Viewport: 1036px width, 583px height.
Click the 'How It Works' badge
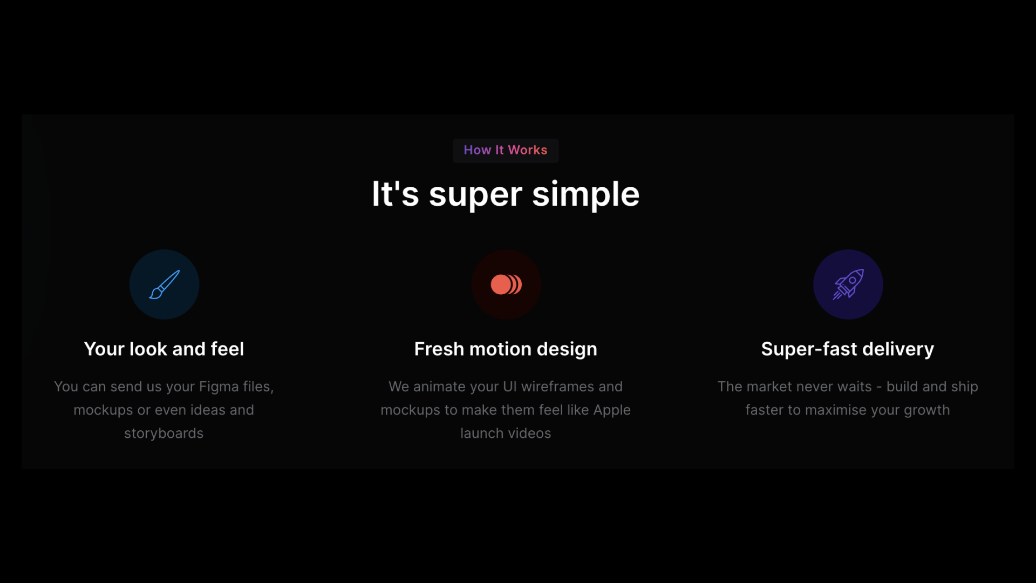[x=506, y=150]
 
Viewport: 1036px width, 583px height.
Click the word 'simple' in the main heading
[x=586, y=194]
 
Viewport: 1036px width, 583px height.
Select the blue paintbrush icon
[x=165, y=284]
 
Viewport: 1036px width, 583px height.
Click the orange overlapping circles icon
[x=506, y=284]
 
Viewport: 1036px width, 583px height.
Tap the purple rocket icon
[x=848, y=284]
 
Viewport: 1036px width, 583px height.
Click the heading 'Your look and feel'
[x=164, y=349]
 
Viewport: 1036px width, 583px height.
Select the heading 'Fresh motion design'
[x=506, y=349]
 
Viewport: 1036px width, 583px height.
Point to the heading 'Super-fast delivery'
[x=848, y=349]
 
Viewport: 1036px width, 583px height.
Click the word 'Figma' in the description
[x=219, y=387]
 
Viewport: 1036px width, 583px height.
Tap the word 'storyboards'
[x=164, y=433]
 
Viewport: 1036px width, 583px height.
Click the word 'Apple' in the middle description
[x=612, y=410]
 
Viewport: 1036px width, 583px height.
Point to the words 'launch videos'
[x=506, y=433]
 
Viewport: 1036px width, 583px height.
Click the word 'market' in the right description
[x=771, y=387]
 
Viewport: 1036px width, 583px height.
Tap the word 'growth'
[x=927, y=410]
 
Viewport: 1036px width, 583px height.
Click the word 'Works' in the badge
[x=528, y=150]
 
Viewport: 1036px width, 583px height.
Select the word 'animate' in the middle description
[x=438, y=387]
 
